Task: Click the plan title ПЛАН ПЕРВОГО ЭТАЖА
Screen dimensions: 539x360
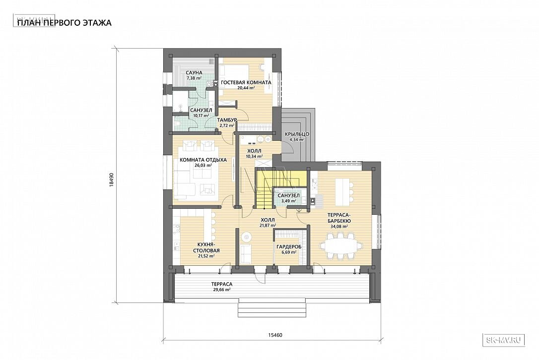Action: tap(64, 23)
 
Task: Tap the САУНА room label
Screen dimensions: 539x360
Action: tap(194, 73)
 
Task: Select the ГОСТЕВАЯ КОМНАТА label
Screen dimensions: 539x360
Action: tap(246, 82)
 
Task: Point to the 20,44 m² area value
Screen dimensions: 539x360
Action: tap(246, 88)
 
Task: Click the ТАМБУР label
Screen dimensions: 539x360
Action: tap(227, 120)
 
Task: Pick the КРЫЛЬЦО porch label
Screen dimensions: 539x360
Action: tap(297, 134)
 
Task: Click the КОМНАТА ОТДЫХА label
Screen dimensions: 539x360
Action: tap(203, 160)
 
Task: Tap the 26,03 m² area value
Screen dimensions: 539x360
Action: tap(203, 165)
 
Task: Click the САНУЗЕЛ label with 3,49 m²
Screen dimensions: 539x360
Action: tap(288, 195)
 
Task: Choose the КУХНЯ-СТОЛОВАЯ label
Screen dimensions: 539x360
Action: tap(206, 247)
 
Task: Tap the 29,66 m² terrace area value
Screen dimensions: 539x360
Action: tap(222, 290)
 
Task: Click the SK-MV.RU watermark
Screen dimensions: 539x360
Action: tap(504, 340)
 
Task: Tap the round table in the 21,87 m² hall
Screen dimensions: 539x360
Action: tap(246, 237)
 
